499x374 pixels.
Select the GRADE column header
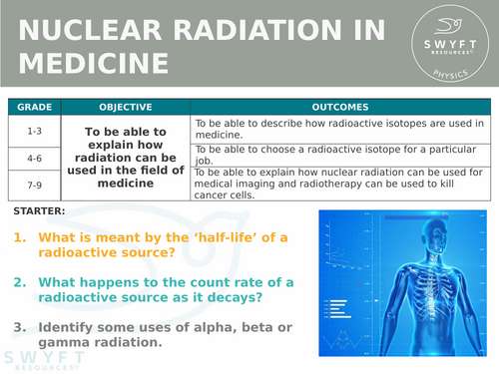click(34, 107)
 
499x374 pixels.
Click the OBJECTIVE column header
click(125, 107)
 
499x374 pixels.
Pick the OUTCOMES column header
click(339, 107)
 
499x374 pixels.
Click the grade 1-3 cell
click(34, 129)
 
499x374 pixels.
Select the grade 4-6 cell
click(34, 157)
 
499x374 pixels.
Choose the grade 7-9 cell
click(34, 185)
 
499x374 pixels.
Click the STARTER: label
click(41, 212)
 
